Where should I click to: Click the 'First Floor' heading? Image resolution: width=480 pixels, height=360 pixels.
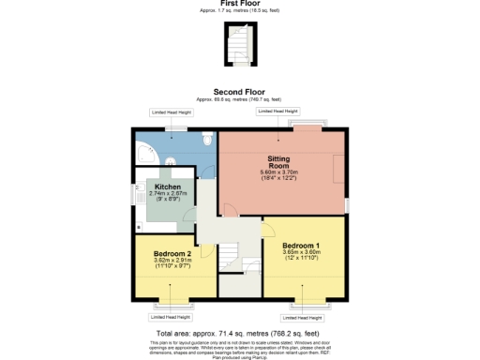tap(240, 4)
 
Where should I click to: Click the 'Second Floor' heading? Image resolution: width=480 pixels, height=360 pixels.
tap(240, 92)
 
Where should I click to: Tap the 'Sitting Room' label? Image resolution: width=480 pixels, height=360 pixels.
tap(278, 162)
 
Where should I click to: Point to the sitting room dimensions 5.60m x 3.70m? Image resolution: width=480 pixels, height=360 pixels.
tap(278, 175)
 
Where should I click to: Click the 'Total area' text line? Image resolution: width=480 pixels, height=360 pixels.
tap(240, 333)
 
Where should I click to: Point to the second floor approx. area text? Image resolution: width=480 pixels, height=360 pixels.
tap(240, 98)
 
